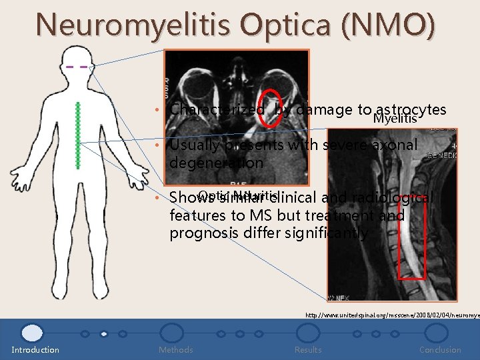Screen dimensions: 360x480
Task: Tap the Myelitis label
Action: click(x=395, y=119)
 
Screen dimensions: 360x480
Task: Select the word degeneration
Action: click(x=217, y=163)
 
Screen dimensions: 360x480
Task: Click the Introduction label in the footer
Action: click(x=35, y=349)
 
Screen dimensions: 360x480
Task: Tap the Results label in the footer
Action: click(x=308, y=349)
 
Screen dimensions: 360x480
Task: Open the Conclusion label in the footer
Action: click(x=440, y=349)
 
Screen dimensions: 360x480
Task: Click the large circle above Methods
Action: click(x=172, y=333)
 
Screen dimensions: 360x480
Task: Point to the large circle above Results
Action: click(x=307, y=333)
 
